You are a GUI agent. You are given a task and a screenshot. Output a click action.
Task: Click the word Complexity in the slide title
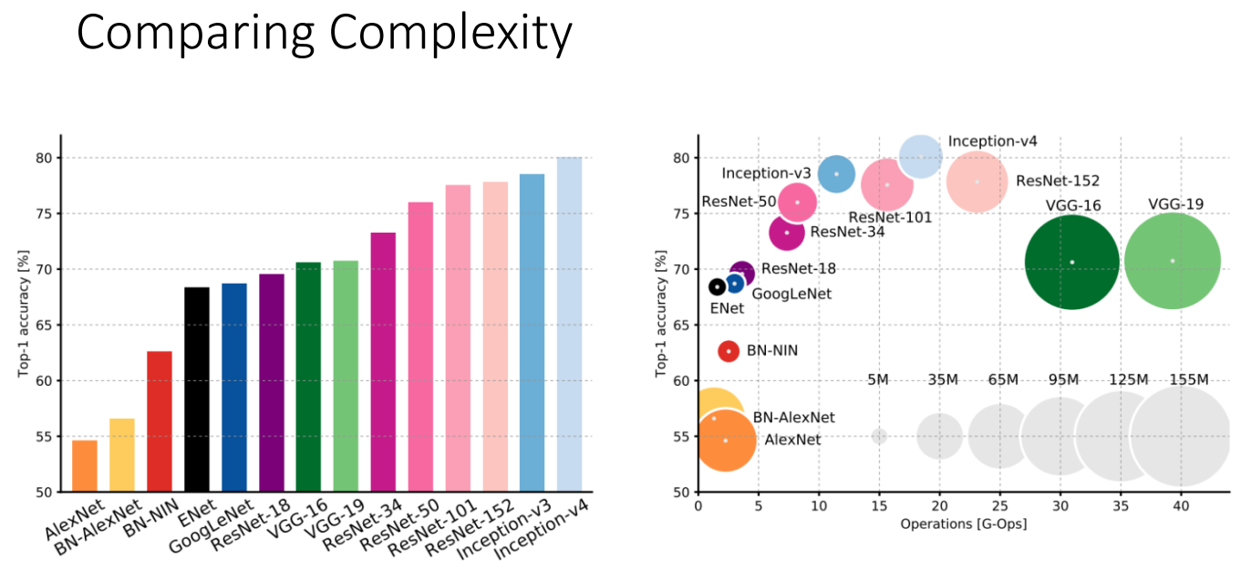coord(451,34)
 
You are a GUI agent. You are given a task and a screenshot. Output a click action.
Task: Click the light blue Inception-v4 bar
coord(569,324)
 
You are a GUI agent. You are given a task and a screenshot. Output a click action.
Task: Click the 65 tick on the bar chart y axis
coord(43,325)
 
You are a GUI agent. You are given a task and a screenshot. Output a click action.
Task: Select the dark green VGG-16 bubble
coord(1071,262)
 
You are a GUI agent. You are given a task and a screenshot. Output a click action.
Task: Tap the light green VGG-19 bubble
coord(1172,262)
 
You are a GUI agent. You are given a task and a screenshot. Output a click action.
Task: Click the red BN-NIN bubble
coord(728,350)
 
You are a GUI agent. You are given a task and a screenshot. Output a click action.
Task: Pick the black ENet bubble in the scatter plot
coord(718,286)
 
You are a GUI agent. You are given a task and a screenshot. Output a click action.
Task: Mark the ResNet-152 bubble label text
coord(1058,181)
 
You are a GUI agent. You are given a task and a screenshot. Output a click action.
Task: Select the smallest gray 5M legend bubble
coord(879,436)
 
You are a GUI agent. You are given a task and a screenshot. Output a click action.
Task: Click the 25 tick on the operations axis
coord(1000,504)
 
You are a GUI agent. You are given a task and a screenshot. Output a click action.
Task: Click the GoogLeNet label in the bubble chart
coord(791,293)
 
